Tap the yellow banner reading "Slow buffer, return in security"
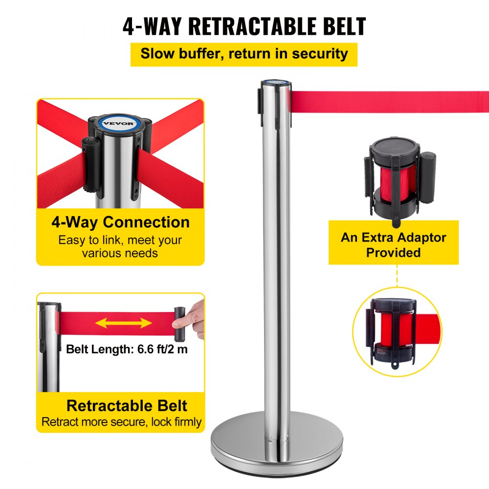click(x=244, y=53)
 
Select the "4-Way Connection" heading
click(x=120, y=222)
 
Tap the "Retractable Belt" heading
click(x=127, y=405)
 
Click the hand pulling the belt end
click(x=197, y=317)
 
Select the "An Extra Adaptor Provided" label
click(x=393, y=245)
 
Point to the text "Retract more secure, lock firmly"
click(x=121, y=422)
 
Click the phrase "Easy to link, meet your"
click(x=120, y=240)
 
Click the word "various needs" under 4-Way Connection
click(x=120, y=253)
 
